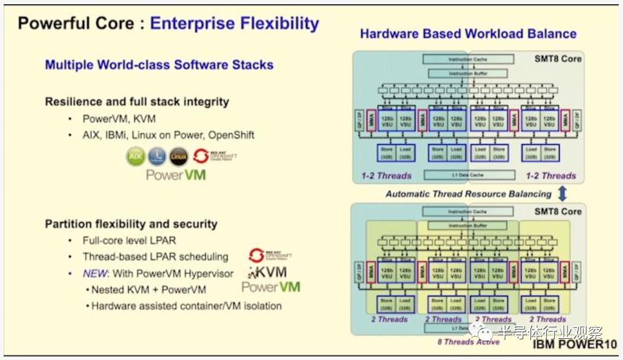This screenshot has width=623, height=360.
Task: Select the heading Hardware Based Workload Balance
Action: pos(468,34)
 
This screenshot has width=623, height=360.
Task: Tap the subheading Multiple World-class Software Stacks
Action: pos(159,65)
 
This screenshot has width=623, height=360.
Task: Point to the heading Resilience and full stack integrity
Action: pos(137,102)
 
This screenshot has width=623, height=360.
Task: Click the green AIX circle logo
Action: pos(135,157)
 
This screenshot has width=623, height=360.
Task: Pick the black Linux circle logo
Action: pos(178,157)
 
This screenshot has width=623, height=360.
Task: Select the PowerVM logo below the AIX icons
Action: pos(176,175)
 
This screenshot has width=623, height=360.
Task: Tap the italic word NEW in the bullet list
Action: pos(95,273)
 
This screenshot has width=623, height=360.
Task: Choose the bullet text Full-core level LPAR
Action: pos(129,240)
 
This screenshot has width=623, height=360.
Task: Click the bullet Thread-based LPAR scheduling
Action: pos(155,257)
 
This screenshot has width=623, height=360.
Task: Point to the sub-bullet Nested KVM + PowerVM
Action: pos(149,289)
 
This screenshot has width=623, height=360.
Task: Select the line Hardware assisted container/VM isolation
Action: pos(186,306)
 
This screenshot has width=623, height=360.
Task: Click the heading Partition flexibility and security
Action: pos(131,224)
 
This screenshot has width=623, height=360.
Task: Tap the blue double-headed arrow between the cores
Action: pos(562,194)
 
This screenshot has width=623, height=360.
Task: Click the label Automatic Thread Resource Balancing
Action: pos(468,194)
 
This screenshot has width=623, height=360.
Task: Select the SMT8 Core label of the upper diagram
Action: pos(557,59)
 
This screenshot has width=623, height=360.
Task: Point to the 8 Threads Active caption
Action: pos(469,342)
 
